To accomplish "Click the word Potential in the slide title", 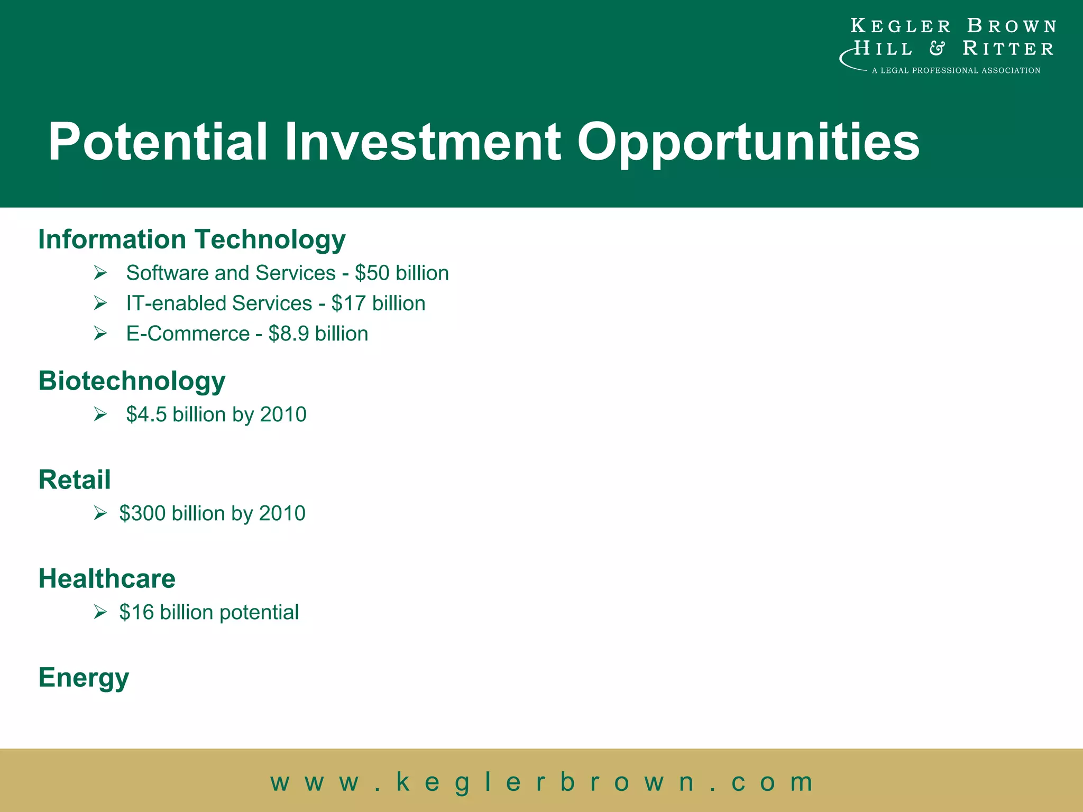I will pos(158,142).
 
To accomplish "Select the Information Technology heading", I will pos(192,239).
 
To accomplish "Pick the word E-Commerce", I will pos(188,334).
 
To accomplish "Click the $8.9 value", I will pos(289,334).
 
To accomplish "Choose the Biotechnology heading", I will pos(132,381).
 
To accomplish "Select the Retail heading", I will pos(75,479).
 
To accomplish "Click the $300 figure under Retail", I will pos(142,513).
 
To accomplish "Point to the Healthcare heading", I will pos(107,578).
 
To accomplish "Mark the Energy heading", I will pos(84,678).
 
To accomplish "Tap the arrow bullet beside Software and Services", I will pos(100,273).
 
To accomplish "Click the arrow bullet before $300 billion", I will pos(100,513).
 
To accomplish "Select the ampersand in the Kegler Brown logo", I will pos(937,49).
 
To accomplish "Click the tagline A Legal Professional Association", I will pos(956,70).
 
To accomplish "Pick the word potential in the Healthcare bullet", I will pos(259,612).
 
